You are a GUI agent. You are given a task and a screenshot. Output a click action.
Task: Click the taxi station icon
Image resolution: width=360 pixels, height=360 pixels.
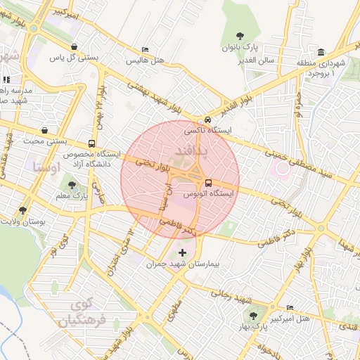[x=207, y=120]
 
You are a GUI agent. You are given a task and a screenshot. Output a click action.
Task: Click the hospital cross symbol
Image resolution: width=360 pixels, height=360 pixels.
[x=184, y=252]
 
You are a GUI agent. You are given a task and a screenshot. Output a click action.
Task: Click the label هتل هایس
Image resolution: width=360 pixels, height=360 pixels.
[x=145, y=60]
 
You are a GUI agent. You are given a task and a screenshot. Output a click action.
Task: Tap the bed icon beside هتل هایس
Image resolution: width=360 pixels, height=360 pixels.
[x=145, y=50]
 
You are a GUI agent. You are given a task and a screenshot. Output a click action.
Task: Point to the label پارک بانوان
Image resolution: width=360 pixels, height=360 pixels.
[x=241, y=48]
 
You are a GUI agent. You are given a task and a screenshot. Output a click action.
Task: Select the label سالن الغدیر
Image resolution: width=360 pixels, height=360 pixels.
[x=275, y=60]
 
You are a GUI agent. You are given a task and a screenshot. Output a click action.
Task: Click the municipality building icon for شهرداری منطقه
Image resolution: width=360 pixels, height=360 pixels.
[x=321, y=53]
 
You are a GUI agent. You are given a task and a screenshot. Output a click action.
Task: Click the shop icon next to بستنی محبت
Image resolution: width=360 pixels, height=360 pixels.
[x=46, y=130]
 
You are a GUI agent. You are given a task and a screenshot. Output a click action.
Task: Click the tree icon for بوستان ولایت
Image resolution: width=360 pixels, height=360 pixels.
[x=22, y=210]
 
